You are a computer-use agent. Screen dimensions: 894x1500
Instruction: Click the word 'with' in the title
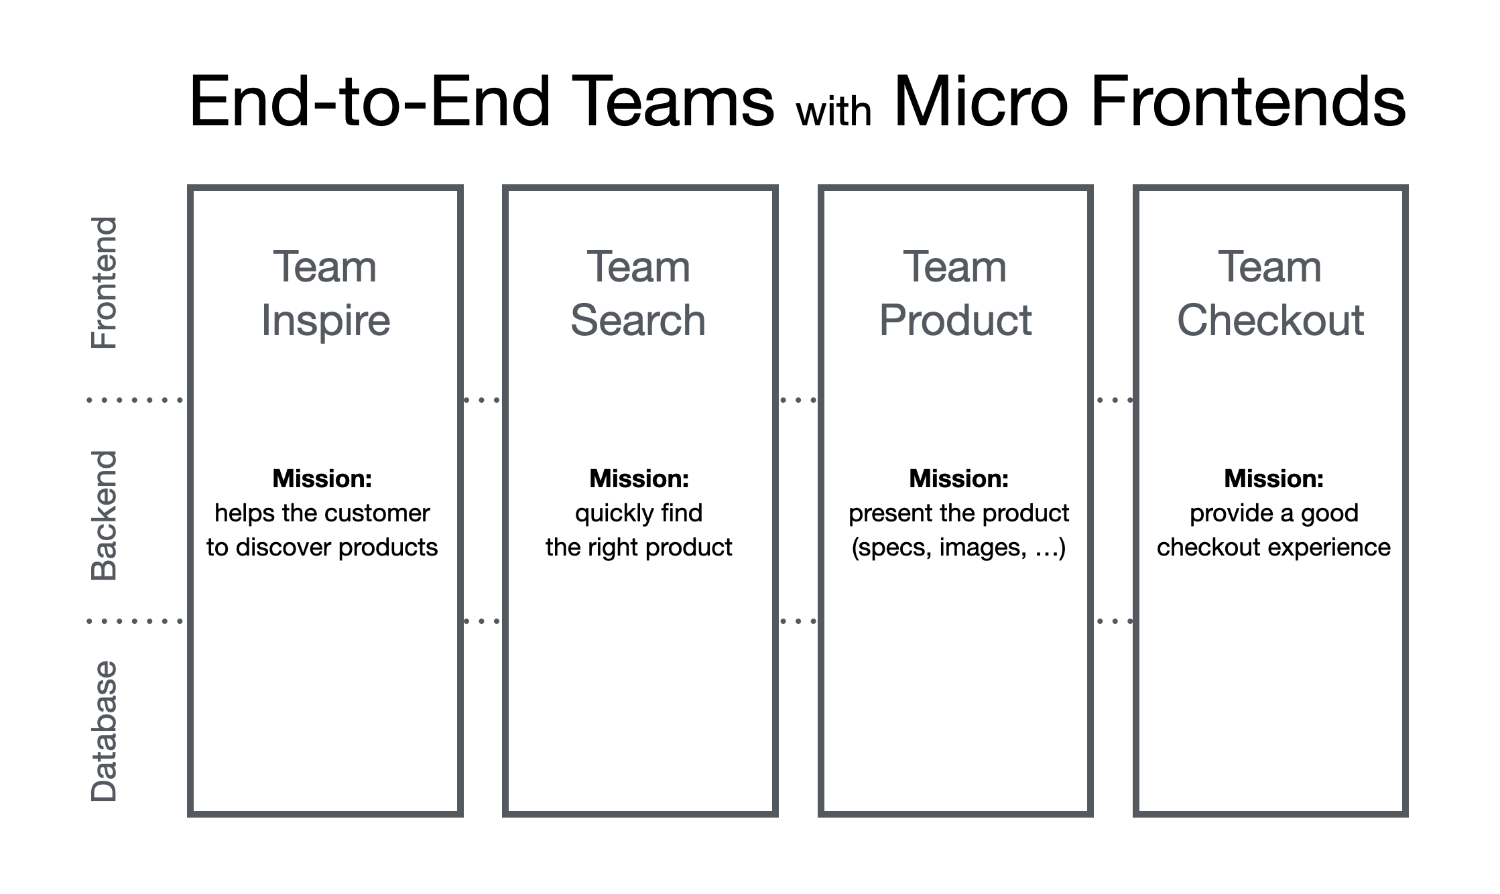tap(833, 112)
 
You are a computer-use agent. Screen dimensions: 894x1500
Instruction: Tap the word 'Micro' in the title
tap(981, 102)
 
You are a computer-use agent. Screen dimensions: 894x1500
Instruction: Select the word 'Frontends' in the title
tap(1248, 102)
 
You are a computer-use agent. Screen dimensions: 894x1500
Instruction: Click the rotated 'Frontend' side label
tap(104, 282)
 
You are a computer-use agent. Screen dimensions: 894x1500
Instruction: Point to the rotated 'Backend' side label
tap(104, 515)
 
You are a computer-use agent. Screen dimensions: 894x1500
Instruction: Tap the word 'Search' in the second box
tap(638, 320)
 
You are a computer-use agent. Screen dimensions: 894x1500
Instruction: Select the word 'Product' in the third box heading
tap(955, 320)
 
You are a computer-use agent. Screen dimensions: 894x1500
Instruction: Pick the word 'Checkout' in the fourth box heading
tap(1270, 320)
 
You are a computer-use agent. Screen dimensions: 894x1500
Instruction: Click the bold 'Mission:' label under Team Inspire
tap(322, 478)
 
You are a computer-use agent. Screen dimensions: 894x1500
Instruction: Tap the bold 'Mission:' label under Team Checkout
tap(1273, 478)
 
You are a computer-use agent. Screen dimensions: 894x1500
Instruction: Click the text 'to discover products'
tap(322, 548)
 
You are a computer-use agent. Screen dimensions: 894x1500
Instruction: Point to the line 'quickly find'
tap(639, 513)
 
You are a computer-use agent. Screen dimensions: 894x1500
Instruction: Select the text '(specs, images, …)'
tap(958, 548)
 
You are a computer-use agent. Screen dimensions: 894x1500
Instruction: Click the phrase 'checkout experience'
tap(1273, 548)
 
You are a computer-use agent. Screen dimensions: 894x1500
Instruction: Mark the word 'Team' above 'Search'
tap(638, 267)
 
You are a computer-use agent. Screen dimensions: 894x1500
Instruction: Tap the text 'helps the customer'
tap(322, 513)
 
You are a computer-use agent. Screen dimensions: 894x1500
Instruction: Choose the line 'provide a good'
tap(1273, 513)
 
